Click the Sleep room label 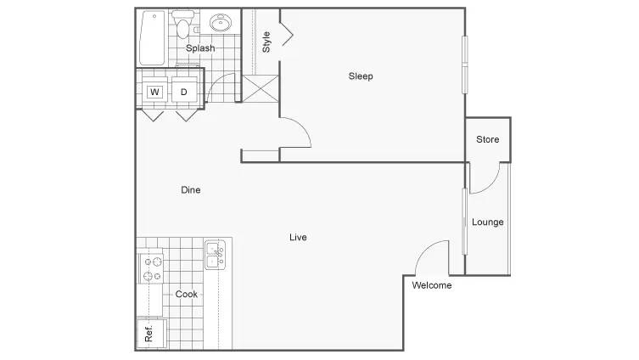point(361,76)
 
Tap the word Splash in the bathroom point(200,48)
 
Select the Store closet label point(487,139)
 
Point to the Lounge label point(487,222)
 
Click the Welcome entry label point(432,285)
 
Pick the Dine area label point(191,190)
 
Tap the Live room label point(298,237)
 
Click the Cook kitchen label point(186,295)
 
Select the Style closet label point(266,42)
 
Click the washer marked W point(154,92)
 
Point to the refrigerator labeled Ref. point(151,334)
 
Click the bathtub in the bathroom point(153,38)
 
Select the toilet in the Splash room point(182,25)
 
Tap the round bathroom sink point(221,22)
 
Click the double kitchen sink point(215,255)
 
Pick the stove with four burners point(152,268)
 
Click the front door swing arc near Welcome point(429,250)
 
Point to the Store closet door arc point(489,183)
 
